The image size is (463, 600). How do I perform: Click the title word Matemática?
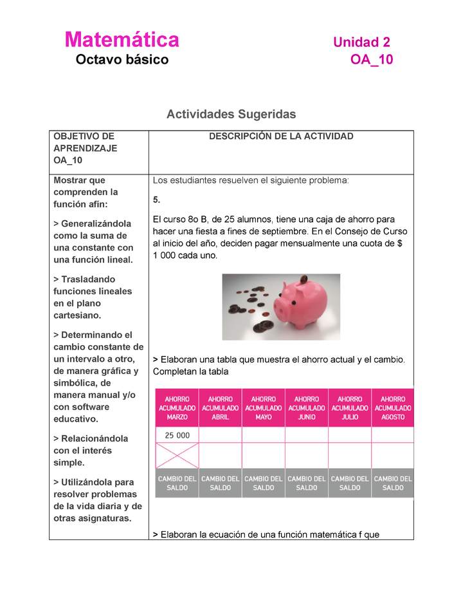[122, 40]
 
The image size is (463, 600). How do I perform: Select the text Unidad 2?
[361, 42]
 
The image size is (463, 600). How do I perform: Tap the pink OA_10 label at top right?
[371, 60]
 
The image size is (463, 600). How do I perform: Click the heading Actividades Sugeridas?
[231, 114]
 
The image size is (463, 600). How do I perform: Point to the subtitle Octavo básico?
[122, 60]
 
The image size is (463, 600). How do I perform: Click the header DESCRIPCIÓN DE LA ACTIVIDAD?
[281, 136]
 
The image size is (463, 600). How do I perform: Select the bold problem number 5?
[156, 200]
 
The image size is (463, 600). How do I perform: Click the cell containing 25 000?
[177, 435]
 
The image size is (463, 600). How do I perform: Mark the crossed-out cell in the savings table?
[177, 455]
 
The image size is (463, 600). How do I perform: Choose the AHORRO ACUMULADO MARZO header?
[177, 408]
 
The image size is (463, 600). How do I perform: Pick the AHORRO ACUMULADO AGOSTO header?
[392, 408]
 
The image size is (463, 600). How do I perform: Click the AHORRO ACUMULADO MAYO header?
[263, 408]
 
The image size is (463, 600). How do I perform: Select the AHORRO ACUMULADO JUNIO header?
[306, 408]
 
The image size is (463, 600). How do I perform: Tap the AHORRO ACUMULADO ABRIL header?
[220, 408]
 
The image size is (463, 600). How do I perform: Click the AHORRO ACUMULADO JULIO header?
[349, 408]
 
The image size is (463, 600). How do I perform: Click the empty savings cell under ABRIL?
[220, 435]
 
